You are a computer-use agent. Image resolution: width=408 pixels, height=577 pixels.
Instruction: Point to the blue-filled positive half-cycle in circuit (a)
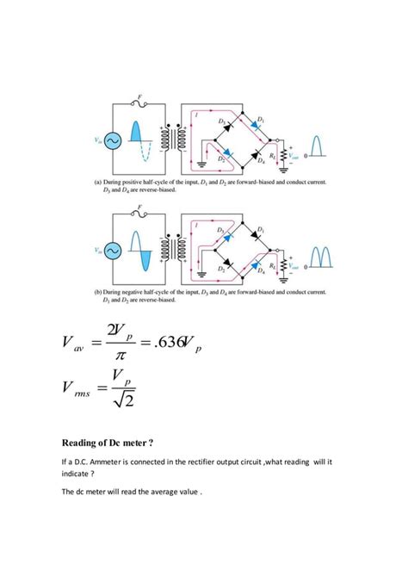pyautogui.click(x=135, y=132)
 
